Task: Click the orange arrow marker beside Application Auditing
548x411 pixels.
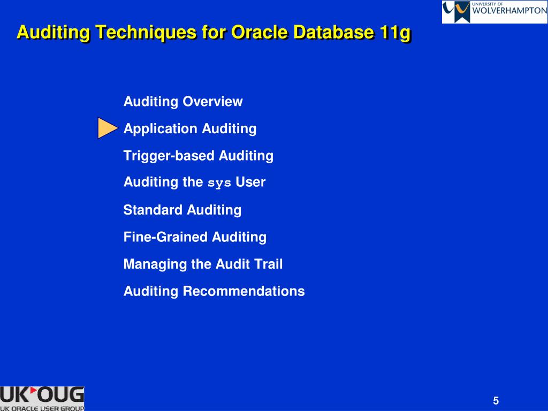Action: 108,128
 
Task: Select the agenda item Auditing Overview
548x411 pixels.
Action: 183,101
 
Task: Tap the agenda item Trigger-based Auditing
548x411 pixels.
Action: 199,156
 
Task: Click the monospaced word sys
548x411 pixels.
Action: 219,183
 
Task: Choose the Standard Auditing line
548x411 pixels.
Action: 182,210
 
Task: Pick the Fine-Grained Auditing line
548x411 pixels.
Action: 195,237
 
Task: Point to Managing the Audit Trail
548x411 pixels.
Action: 203,264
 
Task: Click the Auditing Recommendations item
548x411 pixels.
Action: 214,291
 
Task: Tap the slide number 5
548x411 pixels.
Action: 496,401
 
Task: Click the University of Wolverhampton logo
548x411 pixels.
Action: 494,12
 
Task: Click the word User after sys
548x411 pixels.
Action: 250,182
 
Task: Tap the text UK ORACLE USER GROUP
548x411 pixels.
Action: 42,408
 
